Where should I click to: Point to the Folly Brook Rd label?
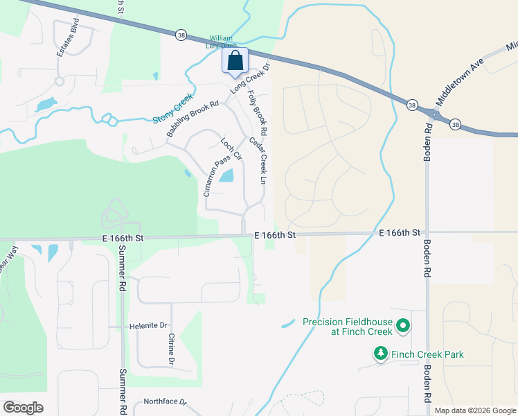(256, 112)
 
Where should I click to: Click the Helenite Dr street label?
(148, 325)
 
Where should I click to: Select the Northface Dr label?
(165, 401)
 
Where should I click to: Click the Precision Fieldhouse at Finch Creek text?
(348, 327)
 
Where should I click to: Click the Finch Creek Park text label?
(427, 354)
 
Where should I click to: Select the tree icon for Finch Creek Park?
(380, 354)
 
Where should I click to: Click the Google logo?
(23, 407)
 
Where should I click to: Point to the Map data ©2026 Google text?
(474, 410)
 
